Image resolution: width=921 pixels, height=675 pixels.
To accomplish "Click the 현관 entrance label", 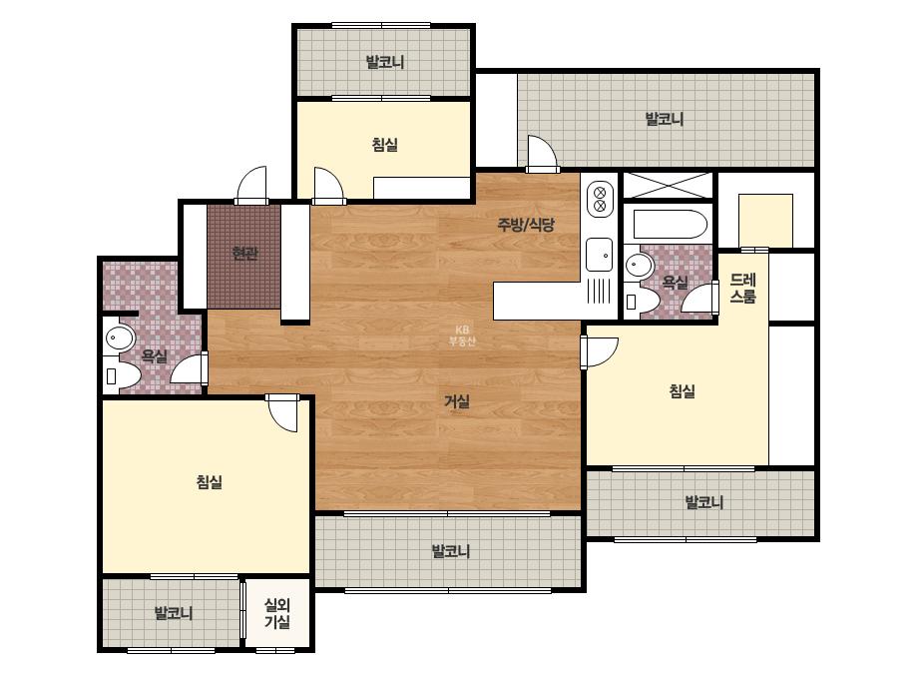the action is (244, 254).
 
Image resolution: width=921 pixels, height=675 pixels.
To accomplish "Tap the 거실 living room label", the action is (457, 401).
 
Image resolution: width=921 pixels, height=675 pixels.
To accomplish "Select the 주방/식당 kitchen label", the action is (526, 224).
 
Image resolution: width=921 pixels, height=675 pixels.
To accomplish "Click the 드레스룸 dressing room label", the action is (743, 288).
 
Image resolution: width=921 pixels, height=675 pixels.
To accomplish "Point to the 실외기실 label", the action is (277, 613).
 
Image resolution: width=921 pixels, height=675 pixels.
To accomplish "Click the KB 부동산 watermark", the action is (462, 336).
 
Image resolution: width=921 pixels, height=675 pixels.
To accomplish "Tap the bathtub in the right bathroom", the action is (671, 224).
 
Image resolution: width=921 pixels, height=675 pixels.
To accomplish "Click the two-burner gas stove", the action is (600, 199).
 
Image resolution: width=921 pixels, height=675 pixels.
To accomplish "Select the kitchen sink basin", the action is (599, 255).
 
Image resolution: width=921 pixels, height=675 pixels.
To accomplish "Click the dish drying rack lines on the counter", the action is (599, 291).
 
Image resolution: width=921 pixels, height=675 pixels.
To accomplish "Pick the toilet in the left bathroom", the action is (122, 376).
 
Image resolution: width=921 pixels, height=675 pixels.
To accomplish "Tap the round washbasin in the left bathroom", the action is (121, 338).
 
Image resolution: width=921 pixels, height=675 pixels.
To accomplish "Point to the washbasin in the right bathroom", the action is (639, 266).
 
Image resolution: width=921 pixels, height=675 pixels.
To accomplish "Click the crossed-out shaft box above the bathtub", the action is (668, 186).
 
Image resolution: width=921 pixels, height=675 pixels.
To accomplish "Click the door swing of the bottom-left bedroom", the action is (282, 413).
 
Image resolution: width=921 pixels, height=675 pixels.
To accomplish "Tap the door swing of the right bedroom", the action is (601, 351).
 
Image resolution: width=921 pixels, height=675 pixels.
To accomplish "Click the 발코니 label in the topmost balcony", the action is (385, 62).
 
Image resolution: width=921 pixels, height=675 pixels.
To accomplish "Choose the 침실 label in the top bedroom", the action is (385, 144).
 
